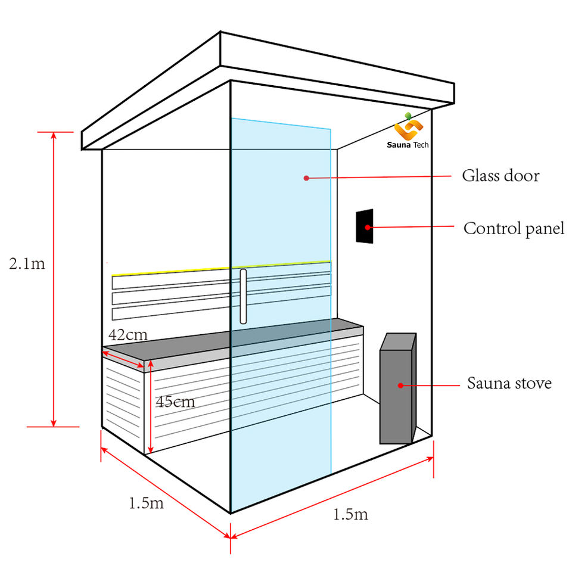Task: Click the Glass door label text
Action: [x=500, y=176]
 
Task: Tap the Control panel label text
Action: [x=514, y=228]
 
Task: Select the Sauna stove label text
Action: [x=509, y=383]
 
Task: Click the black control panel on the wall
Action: [x=365, y=226]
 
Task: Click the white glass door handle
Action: [x=243, y=296]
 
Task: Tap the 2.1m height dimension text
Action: [x=27, y=263]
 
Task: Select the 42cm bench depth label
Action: [x=128, y=334]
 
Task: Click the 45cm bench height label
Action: [x=175, y=402]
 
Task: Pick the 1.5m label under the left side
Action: [x=146, y=503]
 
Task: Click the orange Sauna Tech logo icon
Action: [x=408, y=127]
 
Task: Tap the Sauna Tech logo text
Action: [x=408, y=145]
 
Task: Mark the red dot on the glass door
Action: [x=306, y=178]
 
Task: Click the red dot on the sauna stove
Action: [x=400, y=385]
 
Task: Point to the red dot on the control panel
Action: [x=368, y=227]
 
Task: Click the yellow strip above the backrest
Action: [x=220, y=268]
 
